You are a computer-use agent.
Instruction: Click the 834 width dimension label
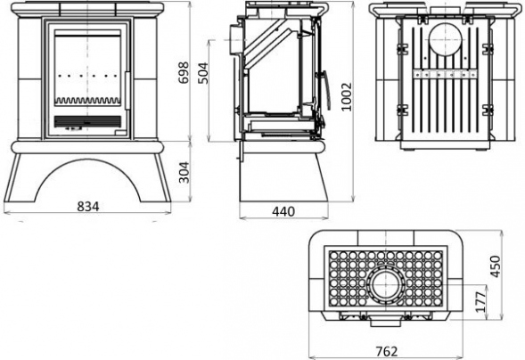point(88,207)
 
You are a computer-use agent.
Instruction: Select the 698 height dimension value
point(184,72)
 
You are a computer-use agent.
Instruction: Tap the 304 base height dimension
point(184,172)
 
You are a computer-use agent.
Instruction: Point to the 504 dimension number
point(202,73)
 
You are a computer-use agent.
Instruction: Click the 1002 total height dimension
point(347,96)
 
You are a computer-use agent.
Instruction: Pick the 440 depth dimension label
point(283,211)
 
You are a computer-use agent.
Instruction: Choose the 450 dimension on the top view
point(496,266)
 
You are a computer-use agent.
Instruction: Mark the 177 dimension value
point(480,302)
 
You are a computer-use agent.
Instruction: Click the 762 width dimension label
point(387,351)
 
